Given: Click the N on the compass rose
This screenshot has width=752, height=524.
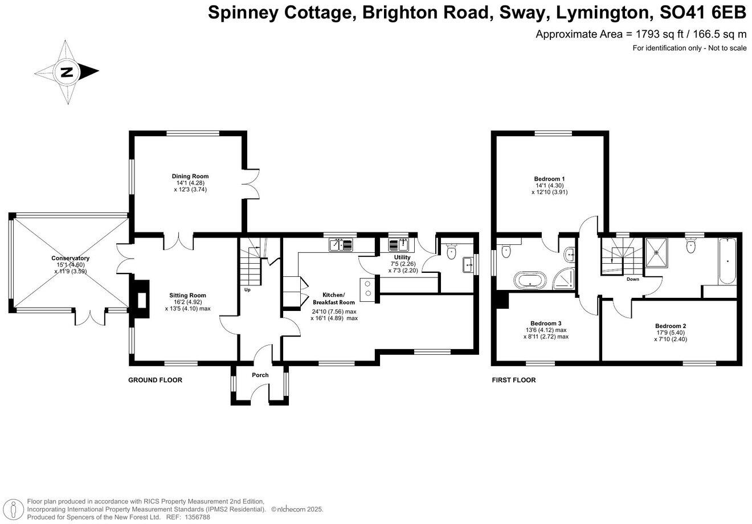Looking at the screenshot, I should coord(67,72).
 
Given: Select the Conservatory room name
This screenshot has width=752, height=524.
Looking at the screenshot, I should coord(70,258).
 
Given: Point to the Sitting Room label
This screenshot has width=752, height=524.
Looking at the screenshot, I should coord(187,295).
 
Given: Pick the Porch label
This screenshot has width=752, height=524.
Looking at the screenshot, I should coord(260,375).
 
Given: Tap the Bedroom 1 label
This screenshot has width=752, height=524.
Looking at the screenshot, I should coord(550,179).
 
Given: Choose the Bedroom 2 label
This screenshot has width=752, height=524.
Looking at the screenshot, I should coord(670,326).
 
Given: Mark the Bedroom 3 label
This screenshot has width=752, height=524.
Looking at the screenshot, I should coord(546,322).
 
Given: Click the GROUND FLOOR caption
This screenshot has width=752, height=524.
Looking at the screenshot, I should coord(155,380).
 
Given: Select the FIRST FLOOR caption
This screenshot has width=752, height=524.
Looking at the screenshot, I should coord(514,380).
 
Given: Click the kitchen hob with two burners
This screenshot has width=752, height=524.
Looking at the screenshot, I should coord(367,288).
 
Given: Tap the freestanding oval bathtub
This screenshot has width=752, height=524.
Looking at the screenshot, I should coord(530,280).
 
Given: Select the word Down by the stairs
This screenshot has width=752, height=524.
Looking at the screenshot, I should coord(632,279).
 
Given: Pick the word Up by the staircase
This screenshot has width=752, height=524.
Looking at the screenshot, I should coord(247,290).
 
